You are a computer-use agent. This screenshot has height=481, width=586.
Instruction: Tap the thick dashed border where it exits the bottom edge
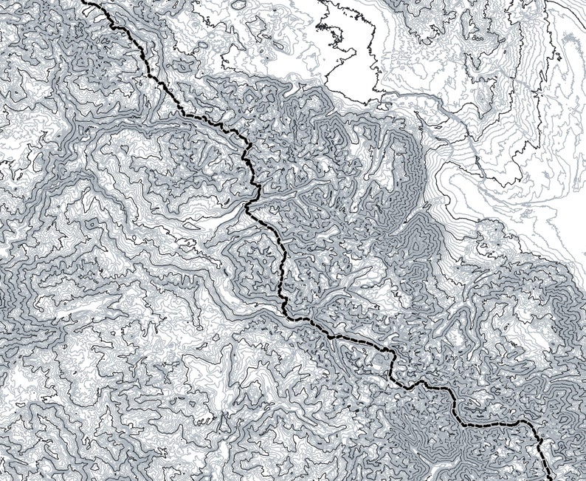pos(548,478)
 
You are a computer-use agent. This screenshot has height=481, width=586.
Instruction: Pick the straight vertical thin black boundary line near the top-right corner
pos(547,30)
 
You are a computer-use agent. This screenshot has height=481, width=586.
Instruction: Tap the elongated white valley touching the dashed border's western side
pos(221,222)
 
